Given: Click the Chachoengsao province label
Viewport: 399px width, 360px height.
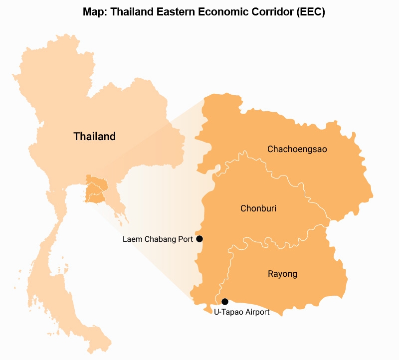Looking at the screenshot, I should [x=297, y=149].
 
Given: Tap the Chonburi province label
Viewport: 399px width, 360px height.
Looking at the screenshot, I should [x=258, y=208].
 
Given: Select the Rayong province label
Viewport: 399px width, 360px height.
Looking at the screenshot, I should [x=282, y=274].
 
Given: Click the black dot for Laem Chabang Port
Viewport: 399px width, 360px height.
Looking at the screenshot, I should [x=199, y=239].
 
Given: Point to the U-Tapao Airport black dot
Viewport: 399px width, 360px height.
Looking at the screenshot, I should [x=225, y=302].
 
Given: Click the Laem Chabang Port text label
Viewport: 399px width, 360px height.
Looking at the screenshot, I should [x=158, y=239].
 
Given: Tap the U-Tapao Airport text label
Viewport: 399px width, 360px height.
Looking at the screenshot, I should [x=241, y=312].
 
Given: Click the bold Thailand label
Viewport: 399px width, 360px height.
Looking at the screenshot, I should [x=94, y=136].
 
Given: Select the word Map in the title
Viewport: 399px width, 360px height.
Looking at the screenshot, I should [x=94, y=12].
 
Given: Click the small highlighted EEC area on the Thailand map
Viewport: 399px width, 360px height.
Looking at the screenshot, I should [x=96, y=189].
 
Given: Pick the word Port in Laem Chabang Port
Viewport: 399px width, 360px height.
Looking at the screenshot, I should [x=186, y=239].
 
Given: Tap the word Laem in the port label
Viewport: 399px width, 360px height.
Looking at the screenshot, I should [x=131, y=239].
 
